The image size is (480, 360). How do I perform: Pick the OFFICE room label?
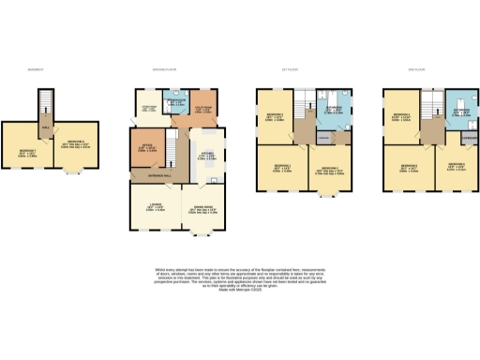point(148,147)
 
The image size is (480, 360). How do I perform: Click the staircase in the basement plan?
point(44,103)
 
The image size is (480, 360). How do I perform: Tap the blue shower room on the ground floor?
point(177,103)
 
